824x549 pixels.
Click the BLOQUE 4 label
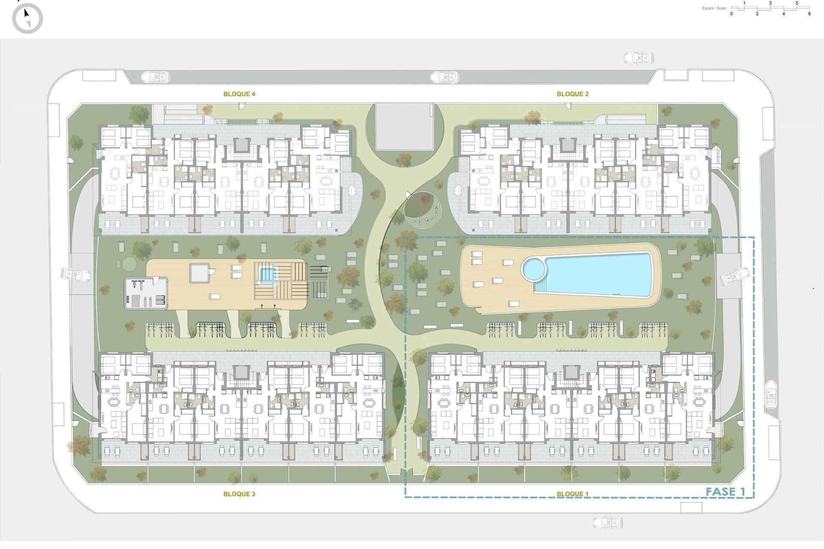239,94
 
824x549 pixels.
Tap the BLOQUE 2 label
573,94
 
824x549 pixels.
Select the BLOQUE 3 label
239,494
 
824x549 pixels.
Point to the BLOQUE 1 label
573,494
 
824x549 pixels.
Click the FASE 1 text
725,492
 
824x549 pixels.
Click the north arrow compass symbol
27,18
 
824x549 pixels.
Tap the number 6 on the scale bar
809,14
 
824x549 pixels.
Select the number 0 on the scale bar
732,14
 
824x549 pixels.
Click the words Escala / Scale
714,8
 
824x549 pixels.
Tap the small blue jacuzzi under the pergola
267,274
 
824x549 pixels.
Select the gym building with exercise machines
146,293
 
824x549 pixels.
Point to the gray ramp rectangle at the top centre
405,127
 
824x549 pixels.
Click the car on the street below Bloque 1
608,522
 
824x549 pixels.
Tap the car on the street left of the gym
76,274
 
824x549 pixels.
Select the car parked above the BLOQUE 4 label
155,77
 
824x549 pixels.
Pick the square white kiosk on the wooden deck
200,273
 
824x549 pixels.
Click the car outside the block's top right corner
638,58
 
